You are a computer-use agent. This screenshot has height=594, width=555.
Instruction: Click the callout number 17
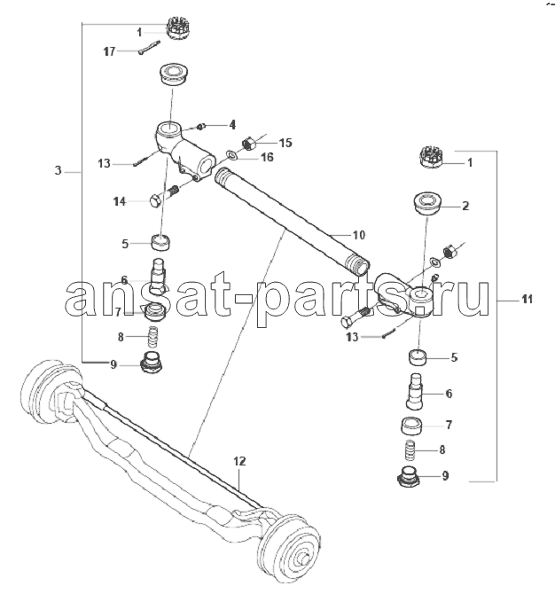tap(109, 51)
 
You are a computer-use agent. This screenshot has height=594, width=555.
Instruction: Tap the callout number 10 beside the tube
tap(359, 235)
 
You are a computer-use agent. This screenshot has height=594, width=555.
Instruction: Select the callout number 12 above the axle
tap(239, 461)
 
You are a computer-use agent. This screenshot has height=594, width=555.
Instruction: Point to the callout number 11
tap(527, 300)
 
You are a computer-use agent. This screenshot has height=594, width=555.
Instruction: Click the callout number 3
tap(58, 170)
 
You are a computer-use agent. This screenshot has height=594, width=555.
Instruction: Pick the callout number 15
tap(285, 143)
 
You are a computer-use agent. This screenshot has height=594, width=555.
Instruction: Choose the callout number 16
tap(268, 157)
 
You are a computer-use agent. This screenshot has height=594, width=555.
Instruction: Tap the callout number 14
tap(120, 201)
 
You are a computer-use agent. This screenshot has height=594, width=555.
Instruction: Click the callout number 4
tap(232, 125)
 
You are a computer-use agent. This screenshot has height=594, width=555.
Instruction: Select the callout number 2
tap(465, 206)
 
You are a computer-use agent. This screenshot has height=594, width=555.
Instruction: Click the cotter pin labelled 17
tap(149, 48)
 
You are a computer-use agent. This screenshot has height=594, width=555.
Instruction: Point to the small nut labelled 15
tap(247, 144)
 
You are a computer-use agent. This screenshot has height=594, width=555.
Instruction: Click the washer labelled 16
tap(231, 154)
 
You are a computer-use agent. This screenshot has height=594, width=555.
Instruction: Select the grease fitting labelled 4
tap(201, 126)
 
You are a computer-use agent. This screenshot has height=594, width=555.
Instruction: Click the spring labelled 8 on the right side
tap(410, 449)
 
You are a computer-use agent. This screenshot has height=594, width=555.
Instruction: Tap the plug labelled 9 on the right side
tap(409, 477)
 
